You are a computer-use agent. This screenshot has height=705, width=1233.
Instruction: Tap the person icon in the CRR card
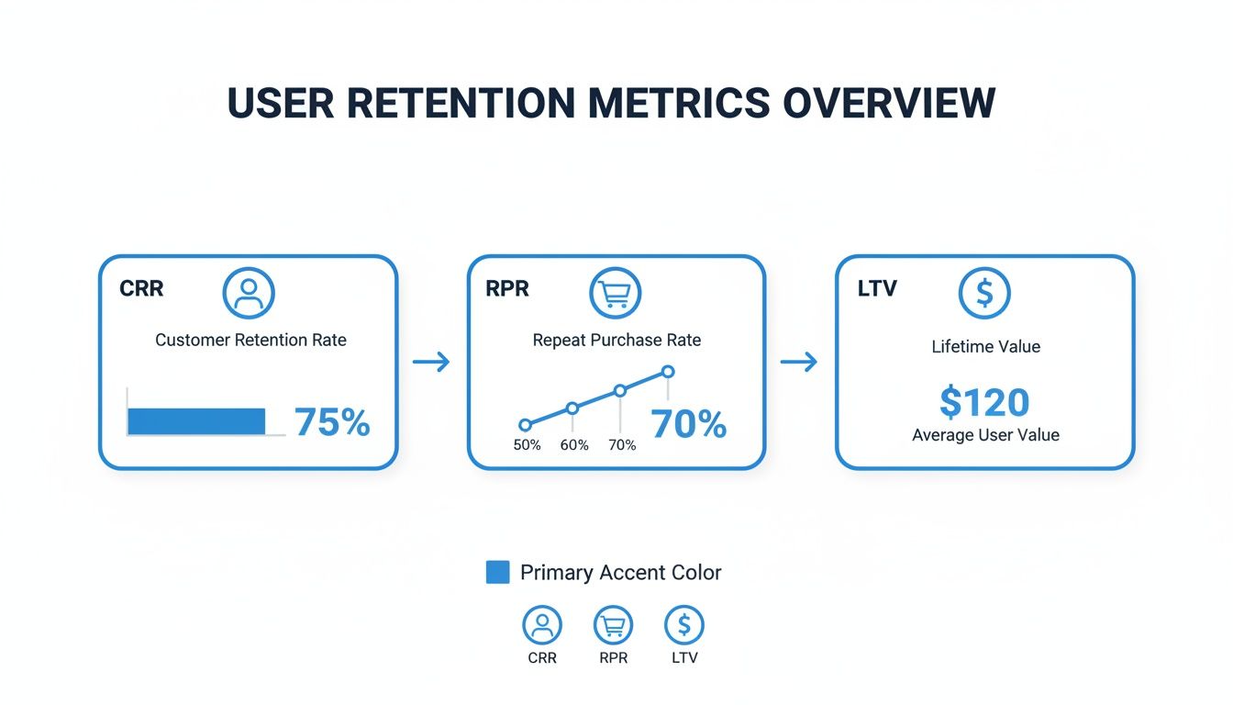tap(249, 293)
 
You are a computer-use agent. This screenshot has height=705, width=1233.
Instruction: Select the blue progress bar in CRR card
tap(196, 421)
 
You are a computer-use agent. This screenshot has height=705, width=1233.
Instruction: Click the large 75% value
tap(332, 422)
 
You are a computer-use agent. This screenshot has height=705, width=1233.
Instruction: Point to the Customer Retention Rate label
tap(250, 340)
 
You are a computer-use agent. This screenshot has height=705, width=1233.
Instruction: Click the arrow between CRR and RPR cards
tap(431, 363)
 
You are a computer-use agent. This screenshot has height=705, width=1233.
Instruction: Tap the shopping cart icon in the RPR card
tap(615, 293)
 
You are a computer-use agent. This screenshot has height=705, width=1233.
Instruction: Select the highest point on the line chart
tap(668, 372)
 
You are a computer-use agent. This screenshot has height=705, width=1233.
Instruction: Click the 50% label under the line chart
tap(527, 445)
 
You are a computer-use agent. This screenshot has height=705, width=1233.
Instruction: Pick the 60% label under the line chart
tap(574, 445)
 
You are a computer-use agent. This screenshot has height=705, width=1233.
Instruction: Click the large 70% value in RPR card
tap(688, 424)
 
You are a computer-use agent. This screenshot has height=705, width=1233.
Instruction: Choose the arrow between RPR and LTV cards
tap(798, 363)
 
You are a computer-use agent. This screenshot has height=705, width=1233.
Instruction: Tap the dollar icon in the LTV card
tap(984, 293)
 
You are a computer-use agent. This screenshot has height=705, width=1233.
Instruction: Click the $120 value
tap(984, 402)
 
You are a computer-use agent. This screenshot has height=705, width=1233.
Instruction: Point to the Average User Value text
tap(985, 435)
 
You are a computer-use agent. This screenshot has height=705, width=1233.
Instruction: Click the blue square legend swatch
tap(497, 572)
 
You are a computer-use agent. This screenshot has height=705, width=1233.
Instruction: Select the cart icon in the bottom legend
tap(613, 625)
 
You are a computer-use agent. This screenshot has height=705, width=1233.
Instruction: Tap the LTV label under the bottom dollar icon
tap(683, 658)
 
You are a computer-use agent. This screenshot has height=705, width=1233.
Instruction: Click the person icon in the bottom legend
tap(541, 625)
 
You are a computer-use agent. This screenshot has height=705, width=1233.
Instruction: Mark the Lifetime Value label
tap(985, 347)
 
